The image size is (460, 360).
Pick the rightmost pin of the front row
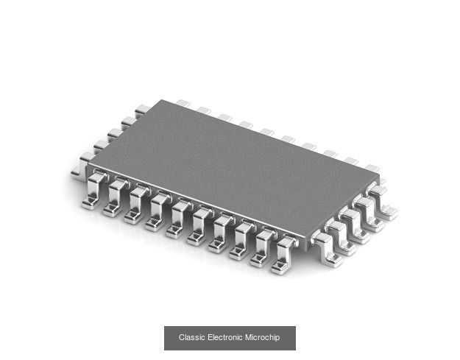point(283,254)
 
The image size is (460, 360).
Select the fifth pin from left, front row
point(178,219)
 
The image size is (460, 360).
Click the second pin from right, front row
point(262,247)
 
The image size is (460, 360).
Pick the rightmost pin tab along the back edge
point(372,169)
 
